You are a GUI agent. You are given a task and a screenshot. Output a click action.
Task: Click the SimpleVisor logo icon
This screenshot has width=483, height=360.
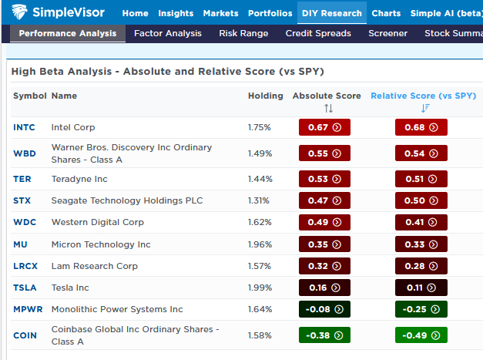coord(20,12)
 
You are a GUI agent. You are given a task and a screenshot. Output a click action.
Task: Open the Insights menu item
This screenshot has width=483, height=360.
coord(176,13)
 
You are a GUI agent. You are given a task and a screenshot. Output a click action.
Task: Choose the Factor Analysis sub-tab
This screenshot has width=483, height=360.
coord(167,33)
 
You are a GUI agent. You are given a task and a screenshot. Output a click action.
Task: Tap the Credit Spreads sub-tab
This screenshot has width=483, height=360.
coord(317,33)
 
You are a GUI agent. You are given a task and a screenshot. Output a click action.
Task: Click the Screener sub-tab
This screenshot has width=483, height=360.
coord(387,33)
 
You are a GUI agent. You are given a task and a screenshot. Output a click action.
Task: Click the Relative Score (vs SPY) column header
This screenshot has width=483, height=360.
coord(423,96)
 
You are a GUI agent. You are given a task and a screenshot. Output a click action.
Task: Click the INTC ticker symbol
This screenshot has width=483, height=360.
coord(24,127)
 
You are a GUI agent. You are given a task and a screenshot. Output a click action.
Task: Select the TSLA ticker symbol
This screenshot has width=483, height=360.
coord(25,288)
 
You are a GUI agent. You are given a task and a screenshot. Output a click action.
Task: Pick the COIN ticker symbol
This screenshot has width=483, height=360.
coord(25,335)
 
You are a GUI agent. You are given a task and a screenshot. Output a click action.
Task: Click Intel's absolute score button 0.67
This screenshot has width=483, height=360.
coord(324,127)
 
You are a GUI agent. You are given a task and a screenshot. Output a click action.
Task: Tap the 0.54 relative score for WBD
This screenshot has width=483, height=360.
coord(421,153)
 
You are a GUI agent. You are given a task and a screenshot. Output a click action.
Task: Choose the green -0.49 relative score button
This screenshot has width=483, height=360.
coord(421,335)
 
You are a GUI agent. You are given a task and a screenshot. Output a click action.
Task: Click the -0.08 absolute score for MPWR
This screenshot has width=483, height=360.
coord(324,309)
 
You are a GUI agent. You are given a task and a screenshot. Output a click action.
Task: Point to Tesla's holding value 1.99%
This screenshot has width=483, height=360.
coord(260,288)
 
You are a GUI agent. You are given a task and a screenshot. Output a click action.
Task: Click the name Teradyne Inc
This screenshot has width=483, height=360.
coord(79,179)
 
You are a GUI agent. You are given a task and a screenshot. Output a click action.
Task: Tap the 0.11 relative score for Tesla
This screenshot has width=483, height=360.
coord(421,288)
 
